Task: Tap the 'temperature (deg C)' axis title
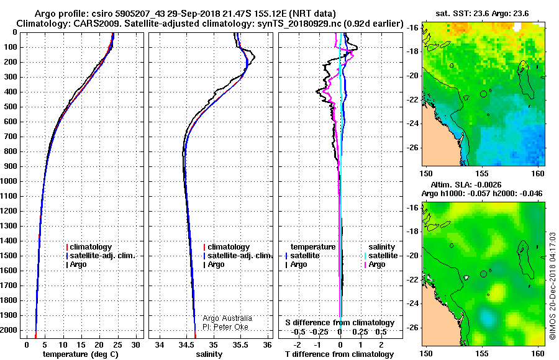coord(81,354)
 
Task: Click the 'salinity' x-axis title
coord(209,354)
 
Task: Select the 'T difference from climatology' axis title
coord(339,354)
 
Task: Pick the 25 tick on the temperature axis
coord(117,345)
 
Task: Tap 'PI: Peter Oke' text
coord(225,327)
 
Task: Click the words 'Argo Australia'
coord(227,318)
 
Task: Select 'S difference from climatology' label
coord(340,323)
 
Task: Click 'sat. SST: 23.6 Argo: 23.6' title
coord(482,14)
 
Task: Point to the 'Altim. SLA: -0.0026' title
coord(466,185)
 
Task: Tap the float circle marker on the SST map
coord(483,94)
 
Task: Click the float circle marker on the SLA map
coord(483,274)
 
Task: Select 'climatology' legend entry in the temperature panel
coord(89,247)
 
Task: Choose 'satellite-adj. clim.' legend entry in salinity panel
coord(238,256)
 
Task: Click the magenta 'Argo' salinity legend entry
coord(375,264)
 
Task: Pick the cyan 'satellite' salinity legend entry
coord(381,256)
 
